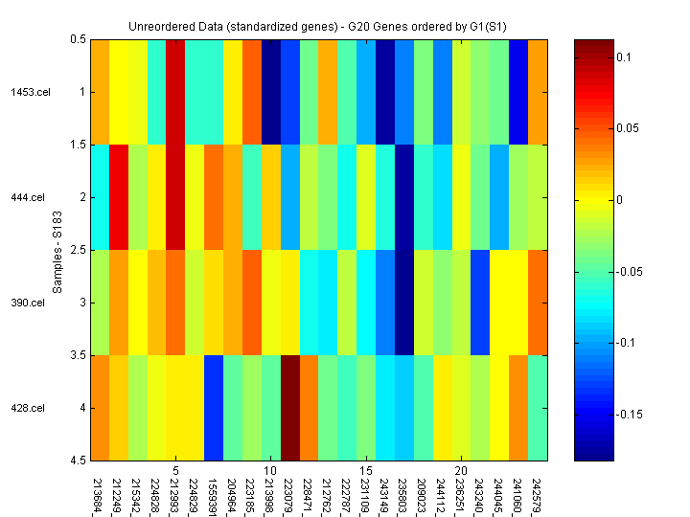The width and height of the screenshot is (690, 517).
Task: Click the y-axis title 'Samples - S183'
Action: [x=57, y=250]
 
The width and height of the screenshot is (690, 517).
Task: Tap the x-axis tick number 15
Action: [x=366, y=471]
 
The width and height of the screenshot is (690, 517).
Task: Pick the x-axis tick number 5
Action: [x=176, y=471]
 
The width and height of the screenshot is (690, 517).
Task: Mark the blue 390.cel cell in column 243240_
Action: [x=480, y=303]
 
